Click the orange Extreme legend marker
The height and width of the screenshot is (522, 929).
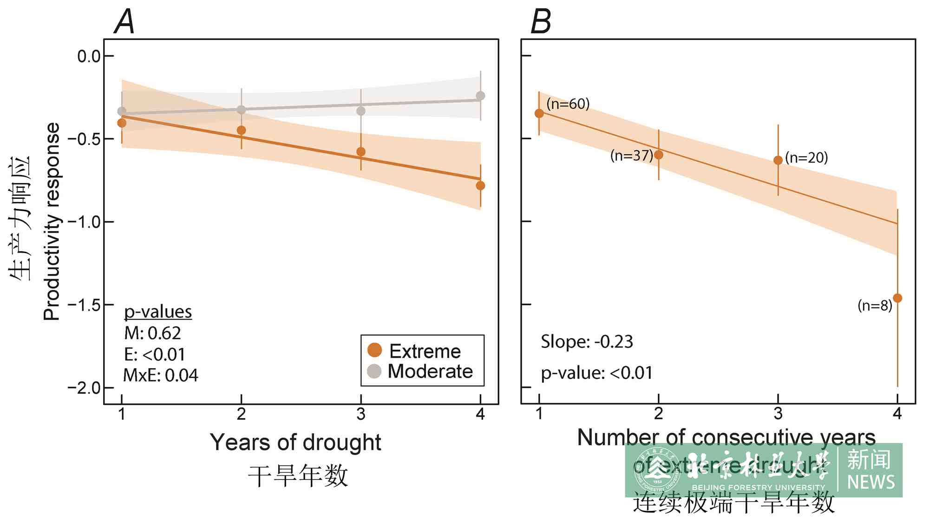tap(374, 350)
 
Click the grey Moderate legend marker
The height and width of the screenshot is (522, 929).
tap(374, 371)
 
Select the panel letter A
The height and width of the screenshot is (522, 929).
tap(124, 22)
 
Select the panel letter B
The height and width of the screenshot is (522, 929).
tap(541, 22)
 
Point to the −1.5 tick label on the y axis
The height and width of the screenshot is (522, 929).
tap(84, 305)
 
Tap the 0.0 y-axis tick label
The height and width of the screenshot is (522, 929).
tap(89, 56)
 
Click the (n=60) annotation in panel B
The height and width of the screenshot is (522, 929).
tap(568, 104)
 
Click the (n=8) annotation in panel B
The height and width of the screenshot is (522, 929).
tap(875, 306)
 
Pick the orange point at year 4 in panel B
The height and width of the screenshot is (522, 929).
tap(897, 298)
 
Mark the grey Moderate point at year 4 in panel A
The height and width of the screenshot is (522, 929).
tap(480, 96)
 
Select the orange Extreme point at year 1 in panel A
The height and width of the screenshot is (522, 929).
tap(122, 123)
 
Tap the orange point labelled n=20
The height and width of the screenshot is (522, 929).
tap(778, 160)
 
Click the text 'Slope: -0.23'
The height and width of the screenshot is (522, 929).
tap(587, 342)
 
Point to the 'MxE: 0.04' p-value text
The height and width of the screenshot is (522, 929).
tap(161, 375)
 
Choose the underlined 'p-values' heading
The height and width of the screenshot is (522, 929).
tap(158, 312)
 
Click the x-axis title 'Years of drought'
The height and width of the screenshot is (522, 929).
tap(295, 442)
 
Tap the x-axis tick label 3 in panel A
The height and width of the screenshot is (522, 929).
tap(361, 414)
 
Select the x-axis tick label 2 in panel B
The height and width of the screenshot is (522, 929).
tap(658, 413)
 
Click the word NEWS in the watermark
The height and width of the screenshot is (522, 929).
tap(871, 482)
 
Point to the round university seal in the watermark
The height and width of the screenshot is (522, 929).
tap(656, 470)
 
